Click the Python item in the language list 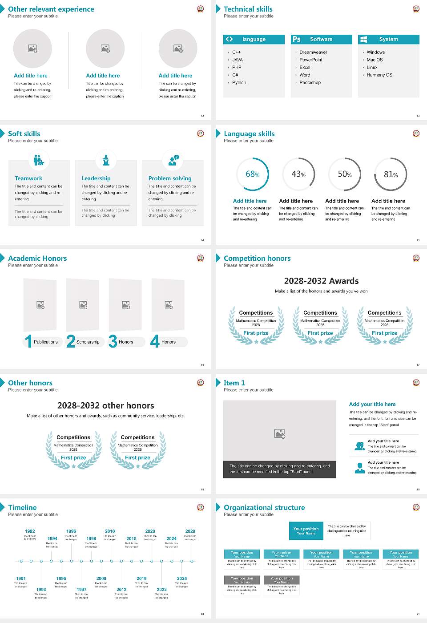pyautogui.click(x=239, y=83)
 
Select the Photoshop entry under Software pyautogui.click(x=310, y=83)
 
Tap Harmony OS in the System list pyautogui.click(x=379, y=75)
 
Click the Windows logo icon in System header pyautogui.click(x=363, y=39)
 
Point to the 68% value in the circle pyautogui.click(x=252, y=174)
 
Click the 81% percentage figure pyautogui.click(x=391, y=174)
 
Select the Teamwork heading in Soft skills pyautogui.click(x=28, y=178)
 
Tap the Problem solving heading pyautogui.click(x=170, y=178)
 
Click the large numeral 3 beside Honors pyautogui.click(x=113, y=341)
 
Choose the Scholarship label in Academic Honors pyautogui.click(x=88, y=342)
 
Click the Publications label pyautogui.click(x=46, y=342)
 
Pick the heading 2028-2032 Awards pyautogui.click(x=321, y=281)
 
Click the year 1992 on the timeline pyautogui.click(x=30, y=531)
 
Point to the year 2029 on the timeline pyautogui.click(x=190, y=531)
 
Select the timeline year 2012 pyautogui.click(x=121, y=590)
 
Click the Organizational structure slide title pyautogui.click(x=264, y=508)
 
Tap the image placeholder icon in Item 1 pyautogui.click(x=280, y=433)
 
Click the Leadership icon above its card pyautogui.click(x=106, y=160)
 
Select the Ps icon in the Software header pyautogui.click(x=297, y=39)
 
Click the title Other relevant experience pyautogui.click(x=51, y=9)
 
